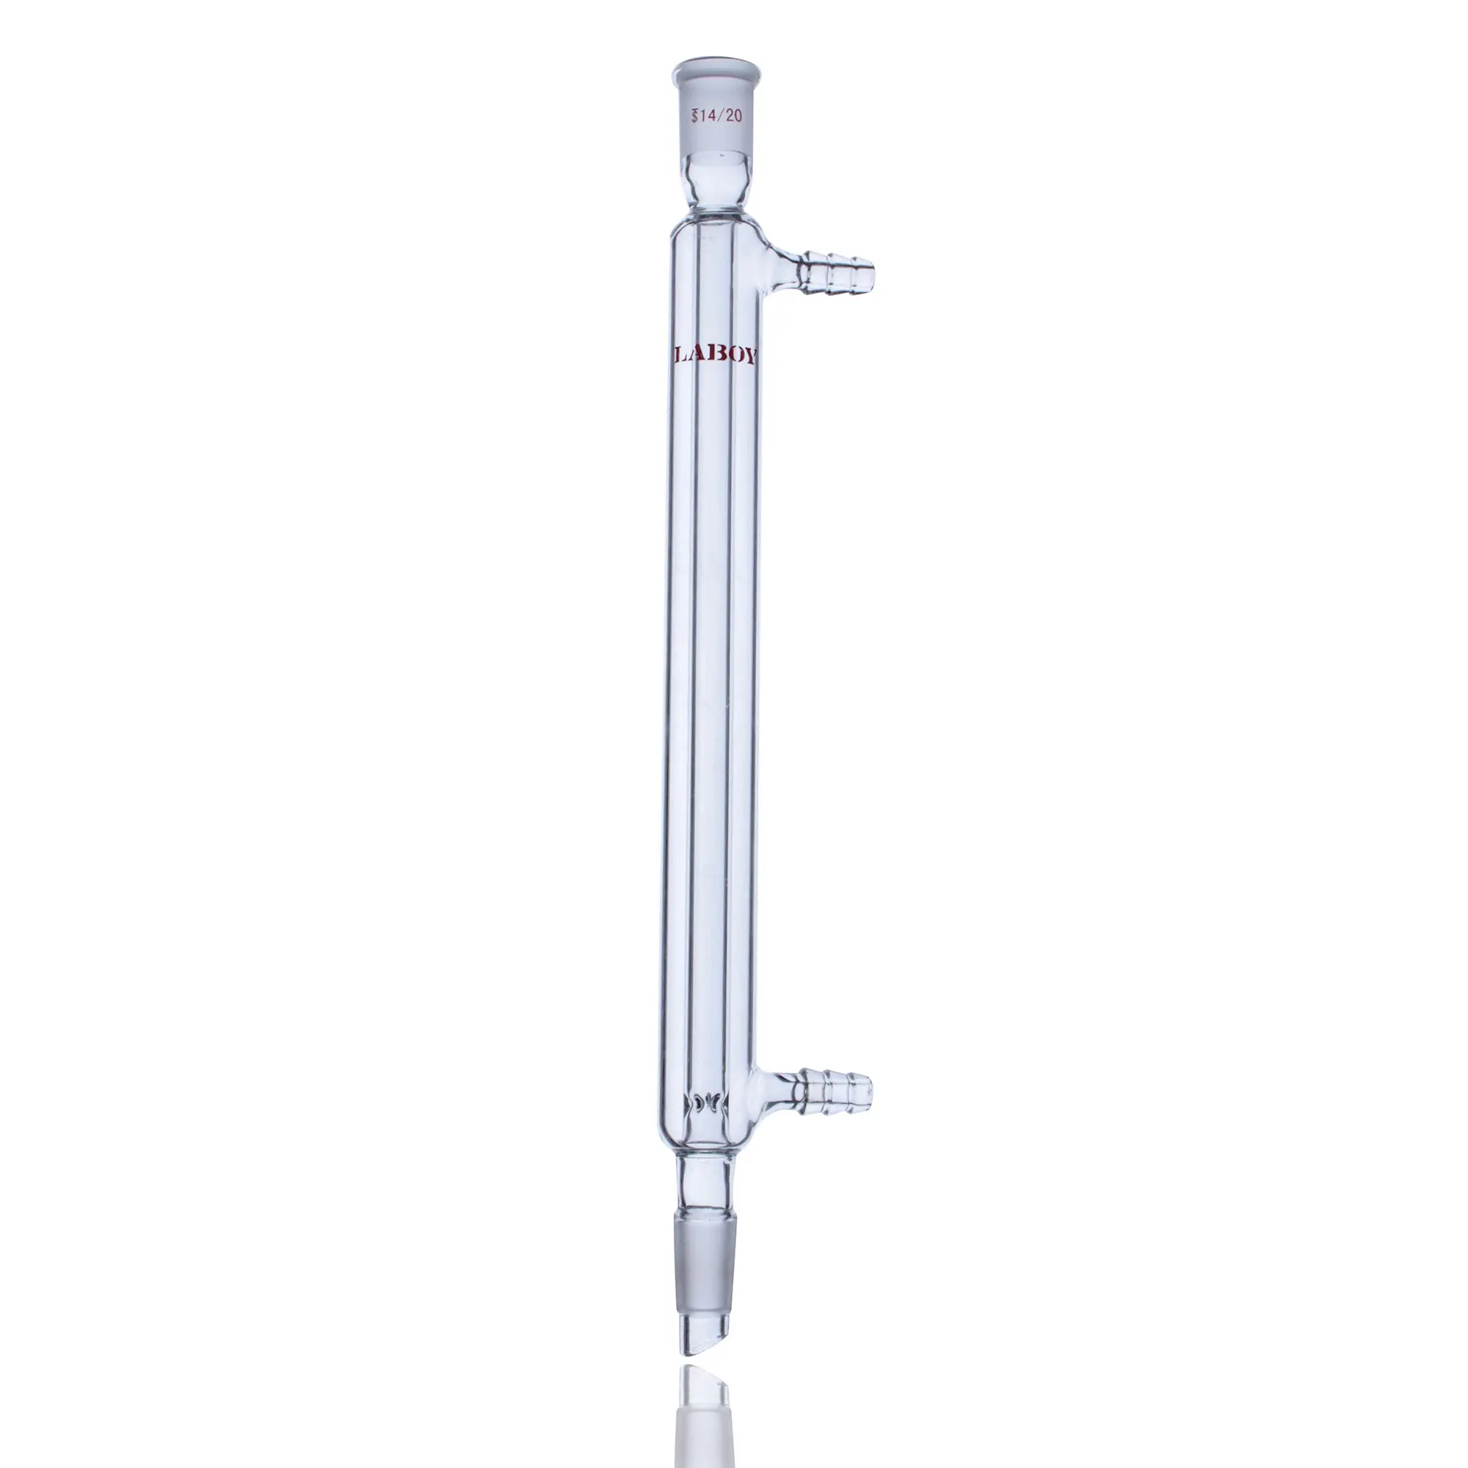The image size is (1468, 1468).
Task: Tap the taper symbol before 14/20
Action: tap(694, 116)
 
